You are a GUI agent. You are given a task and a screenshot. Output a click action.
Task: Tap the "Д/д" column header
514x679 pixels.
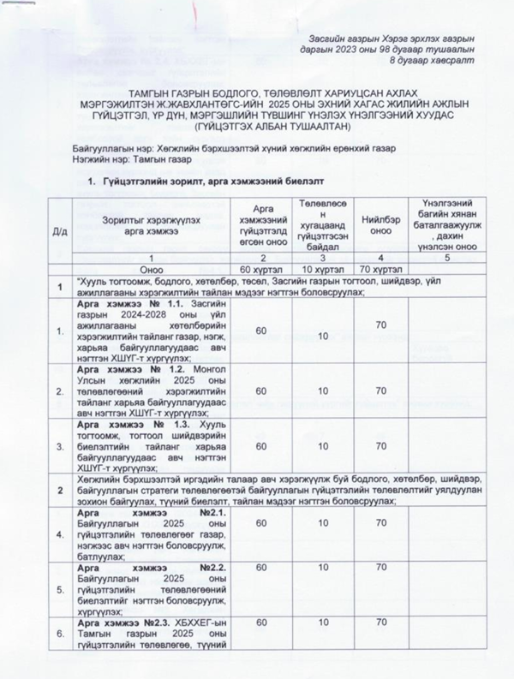(x=60, y=229)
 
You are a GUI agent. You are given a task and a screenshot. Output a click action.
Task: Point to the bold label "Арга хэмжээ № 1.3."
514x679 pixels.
(x=129, y=426)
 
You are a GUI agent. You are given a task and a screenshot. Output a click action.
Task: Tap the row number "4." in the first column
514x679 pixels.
(x=60, y=535)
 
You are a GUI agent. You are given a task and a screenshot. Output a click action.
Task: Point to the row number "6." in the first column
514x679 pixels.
(x=60, y=635)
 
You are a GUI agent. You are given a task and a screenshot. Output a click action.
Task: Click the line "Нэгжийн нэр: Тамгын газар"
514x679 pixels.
(x=128, y=159)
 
